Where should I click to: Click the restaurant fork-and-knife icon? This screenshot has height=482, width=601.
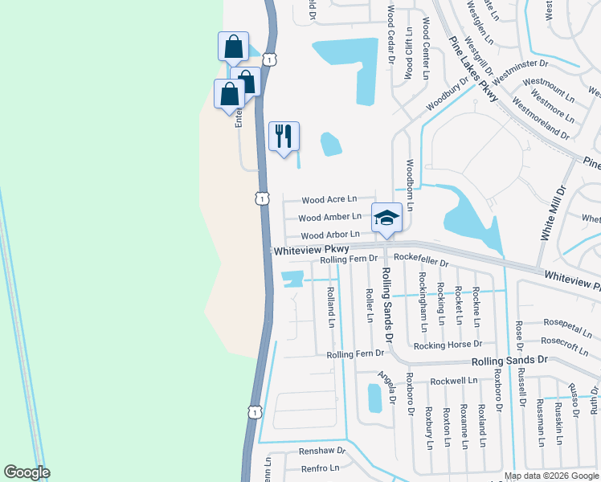click(284, 136)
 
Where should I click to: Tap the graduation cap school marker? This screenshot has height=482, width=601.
click(386, 217)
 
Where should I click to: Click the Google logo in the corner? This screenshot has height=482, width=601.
click(27, 472)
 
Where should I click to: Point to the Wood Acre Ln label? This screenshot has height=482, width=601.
click(329, 199)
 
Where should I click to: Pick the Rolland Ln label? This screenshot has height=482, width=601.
click(330, 309)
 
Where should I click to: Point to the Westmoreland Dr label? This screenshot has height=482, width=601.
click(540, 118)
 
